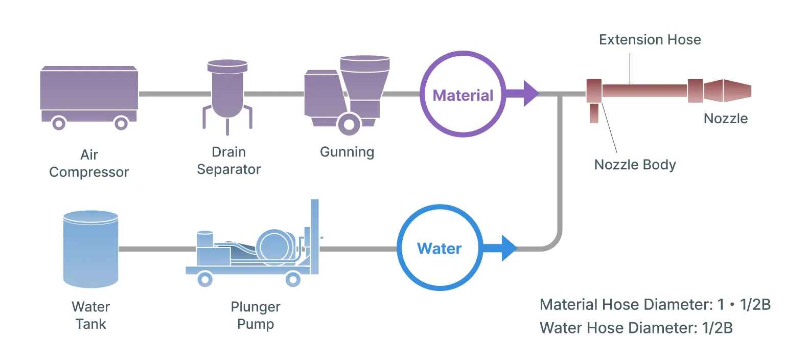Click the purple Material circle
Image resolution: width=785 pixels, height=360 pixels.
click(463, 95)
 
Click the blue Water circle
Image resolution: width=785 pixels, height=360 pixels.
click(440, 249)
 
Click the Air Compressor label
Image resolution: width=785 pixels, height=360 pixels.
click(89, 163)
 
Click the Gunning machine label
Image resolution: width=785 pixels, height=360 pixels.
click(347, 152)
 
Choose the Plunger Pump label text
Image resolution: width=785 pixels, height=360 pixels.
click(256, 316)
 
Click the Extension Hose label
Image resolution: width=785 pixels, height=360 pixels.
click(650, 40)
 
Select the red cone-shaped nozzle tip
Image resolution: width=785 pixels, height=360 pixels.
click(728, 91)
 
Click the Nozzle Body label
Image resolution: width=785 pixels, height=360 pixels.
click(635, 165)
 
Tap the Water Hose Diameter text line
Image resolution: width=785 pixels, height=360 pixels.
click(636, 328)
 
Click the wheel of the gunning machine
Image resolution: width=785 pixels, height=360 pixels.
click(349, 123)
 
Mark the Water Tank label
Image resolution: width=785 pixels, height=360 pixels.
click(90, 316)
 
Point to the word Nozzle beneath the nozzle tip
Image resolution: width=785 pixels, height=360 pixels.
click(726, 119)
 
